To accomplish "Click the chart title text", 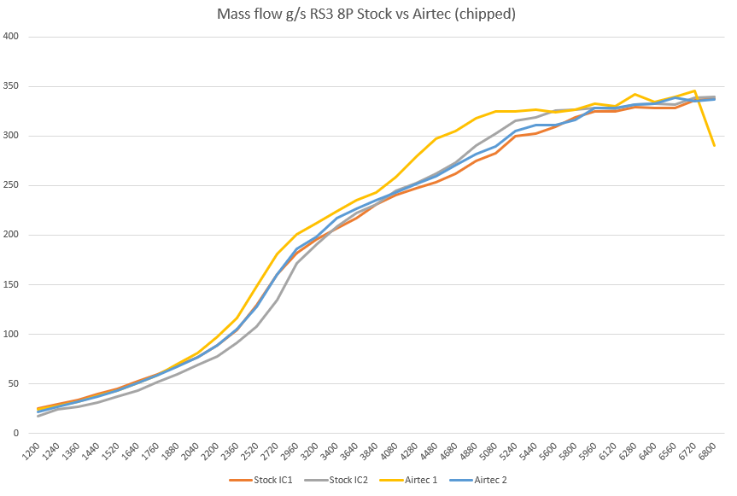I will [368, 14].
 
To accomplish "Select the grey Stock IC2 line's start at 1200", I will [38, 416].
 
